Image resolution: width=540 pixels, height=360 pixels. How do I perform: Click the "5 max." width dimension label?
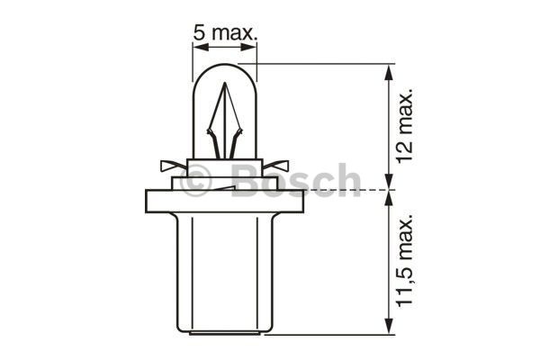coord(224,33)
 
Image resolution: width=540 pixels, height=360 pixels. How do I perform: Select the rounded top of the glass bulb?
coord(224,67)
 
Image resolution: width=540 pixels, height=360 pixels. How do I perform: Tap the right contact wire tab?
coord(279,166)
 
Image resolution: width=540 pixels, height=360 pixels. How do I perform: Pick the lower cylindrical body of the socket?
coord(224,274)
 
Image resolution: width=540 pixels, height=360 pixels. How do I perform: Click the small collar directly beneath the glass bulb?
coord(224,171)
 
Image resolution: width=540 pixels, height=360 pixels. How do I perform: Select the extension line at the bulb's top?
coord(324,64)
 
